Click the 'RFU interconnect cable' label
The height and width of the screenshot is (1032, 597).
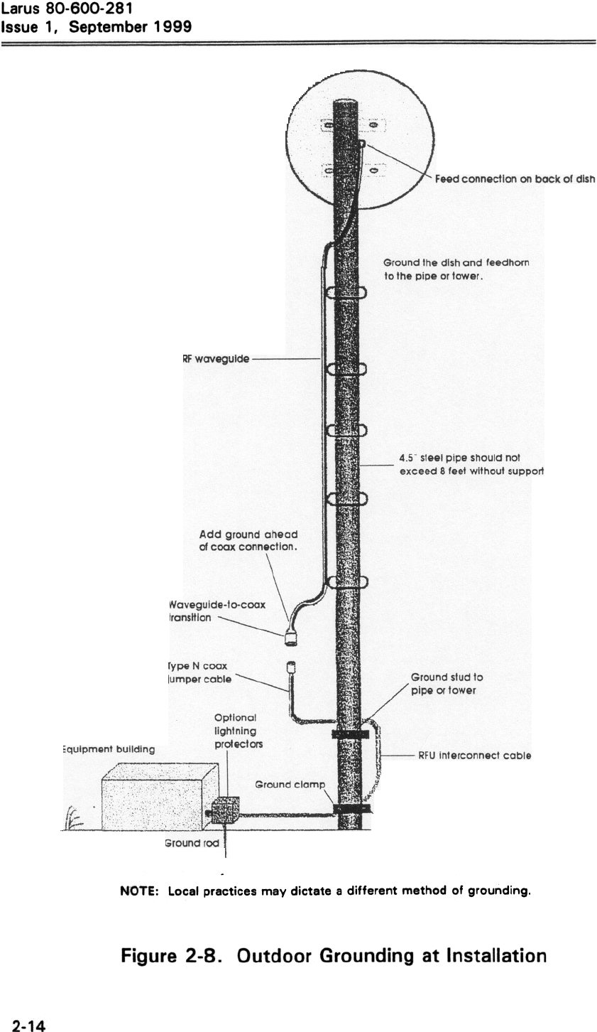coord(474,756)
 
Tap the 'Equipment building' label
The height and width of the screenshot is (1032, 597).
coord(107,748)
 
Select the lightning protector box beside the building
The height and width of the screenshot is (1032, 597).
coord(226,809)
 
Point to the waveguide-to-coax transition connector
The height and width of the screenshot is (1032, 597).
coord(290,638)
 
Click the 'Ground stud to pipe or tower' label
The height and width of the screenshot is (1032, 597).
coord(447,684)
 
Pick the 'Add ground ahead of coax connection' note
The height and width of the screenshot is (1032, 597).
coord(248,540)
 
